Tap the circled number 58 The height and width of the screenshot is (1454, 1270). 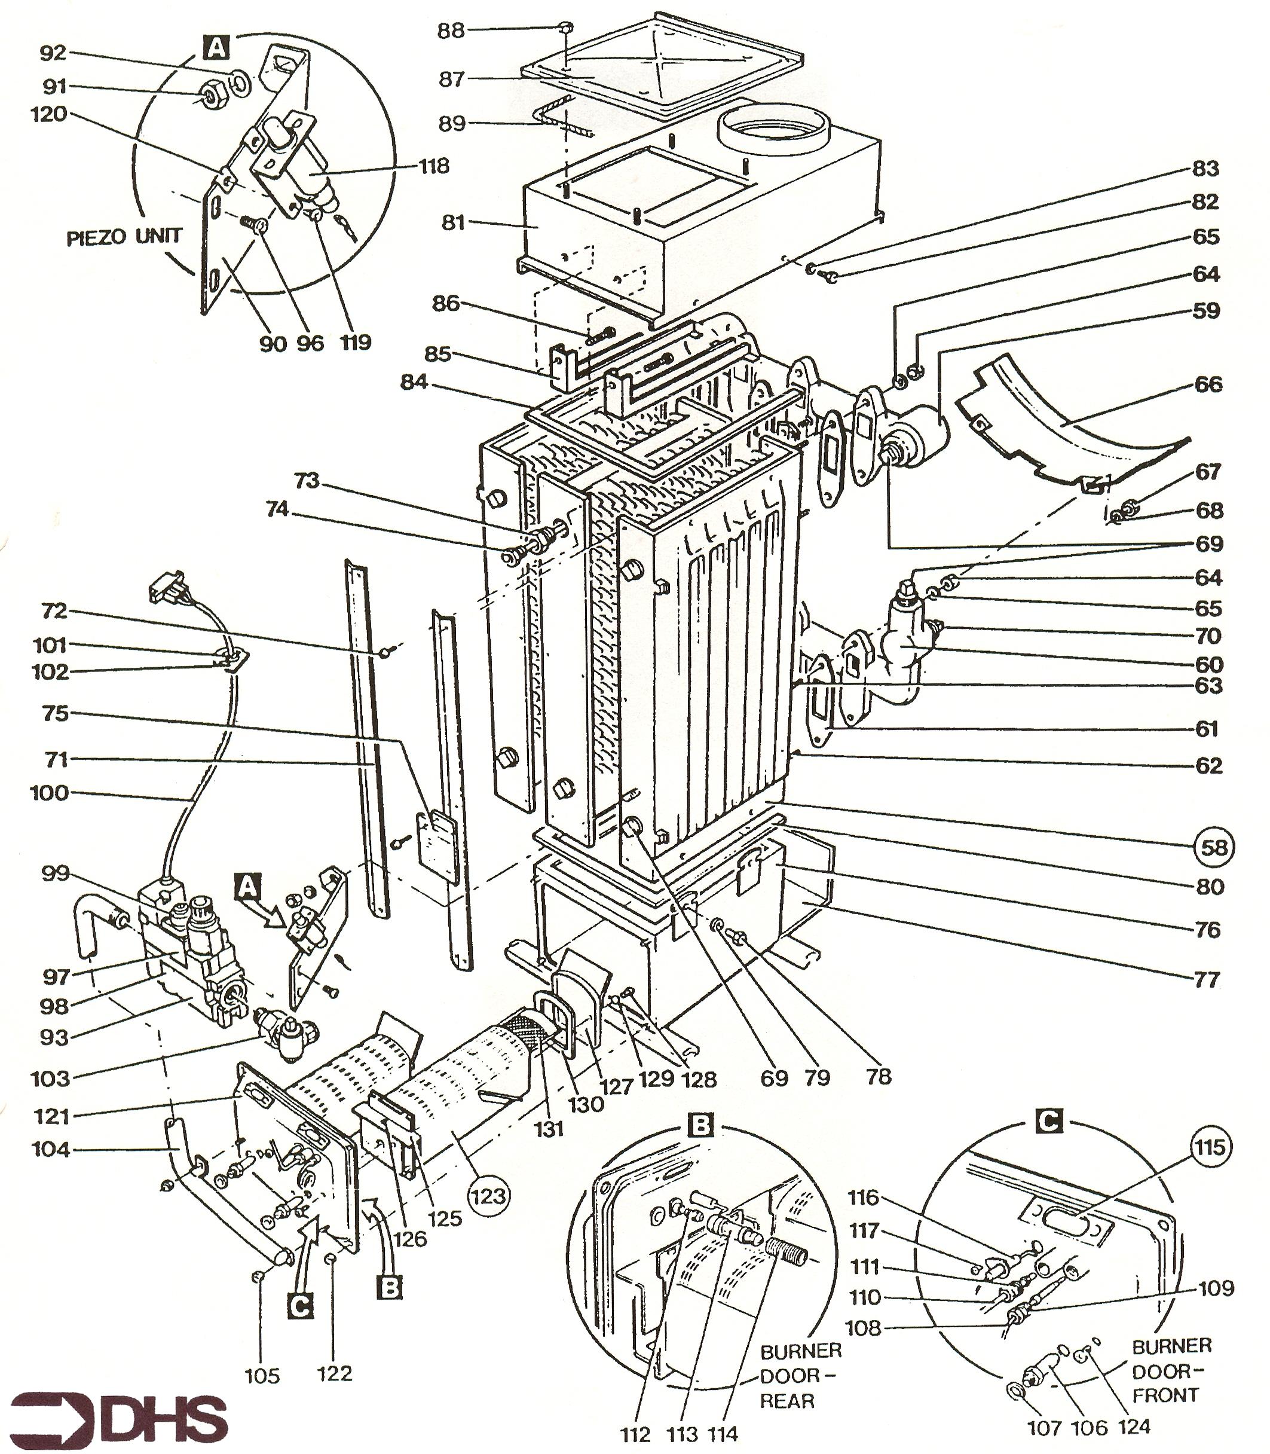tap(1214, 847)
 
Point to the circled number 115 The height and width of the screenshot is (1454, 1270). tap(1210, 1146)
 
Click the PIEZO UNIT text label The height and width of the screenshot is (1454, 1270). tap(124, 237)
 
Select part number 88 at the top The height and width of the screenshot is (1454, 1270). tap(451, 31)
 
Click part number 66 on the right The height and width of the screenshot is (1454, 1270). tap(1208, 384)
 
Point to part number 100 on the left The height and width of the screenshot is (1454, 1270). tap(49, 793)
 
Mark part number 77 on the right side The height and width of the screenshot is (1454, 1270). tap(1207, 980)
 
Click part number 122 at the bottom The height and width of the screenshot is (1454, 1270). tap(335, 1373)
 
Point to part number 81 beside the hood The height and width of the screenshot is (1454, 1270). tap(454, 222)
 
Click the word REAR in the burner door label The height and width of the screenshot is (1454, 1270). tap(787, 1401)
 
